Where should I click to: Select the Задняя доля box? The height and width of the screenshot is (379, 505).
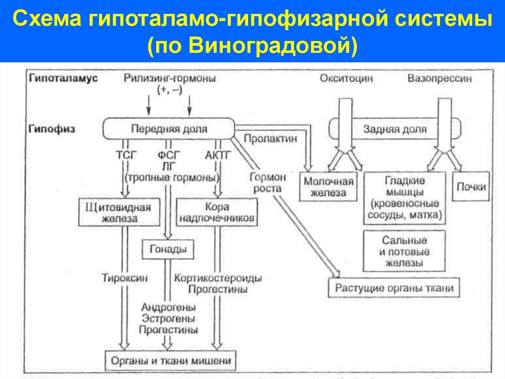pyautogui.click(x=395, y=129)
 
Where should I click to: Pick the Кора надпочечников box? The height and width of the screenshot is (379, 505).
pyautogui.click(x=217, y=212)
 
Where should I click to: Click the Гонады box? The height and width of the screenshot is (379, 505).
pyautogui.click(x=168, y=250)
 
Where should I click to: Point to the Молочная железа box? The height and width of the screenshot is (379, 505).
pyautogui.click(x=328, y=186)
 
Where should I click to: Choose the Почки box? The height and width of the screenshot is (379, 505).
pyautogui.click(x=470, y=187)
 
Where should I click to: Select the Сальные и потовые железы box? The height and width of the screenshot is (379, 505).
pyautogui.click(x=404, y=251)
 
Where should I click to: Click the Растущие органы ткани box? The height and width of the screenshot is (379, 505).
pyautogui.click(x=394, y=288)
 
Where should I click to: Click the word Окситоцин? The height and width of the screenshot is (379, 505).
pyautogui.click(x=346, y=79)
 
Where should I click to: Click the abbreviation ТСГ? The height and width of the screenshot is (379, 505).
pyautogui.click(x=125, y=155)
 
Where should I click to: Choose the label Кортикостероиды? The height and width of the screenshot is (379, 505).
pyautogui.click(x=217, y=278)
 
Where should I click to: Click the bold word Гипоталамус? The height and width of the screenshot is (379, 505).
pyautogui.click(x=63, y=78)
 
